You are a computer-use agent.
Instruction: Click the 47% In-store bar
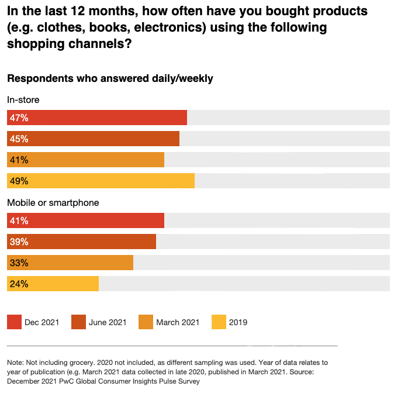pos(97,118)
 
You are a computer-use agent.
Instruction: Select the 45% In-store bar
pos(94,139)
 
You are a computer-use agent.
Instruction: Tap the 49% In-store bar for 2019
pos(101,181)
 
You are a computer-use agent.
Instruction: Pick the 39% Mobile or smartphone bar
pos(82,242)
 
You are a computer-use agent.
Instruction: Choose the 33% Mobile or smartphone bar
pos(70,263)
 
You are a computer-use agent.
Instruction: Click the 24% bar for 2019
pos(53,284)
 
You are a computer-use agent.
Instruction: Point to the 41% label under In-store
pos(19,160)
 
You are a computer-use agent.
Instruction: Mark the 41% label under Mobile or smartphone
pos(19,220)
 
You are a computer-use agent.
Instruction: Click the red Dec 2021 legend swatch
pos(14,322)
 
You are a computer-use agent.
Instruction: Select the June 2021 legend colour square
pos(78,322)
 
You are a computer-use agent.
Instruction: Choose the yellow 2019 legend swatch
pos(219,322)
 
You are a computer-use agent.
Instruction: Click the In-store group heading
pos(23,100)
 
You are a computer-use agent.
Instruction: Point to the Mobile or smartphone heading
pos(53,203)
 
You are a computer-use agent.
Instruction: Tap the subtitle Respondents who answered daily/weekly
pos(110,78)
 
